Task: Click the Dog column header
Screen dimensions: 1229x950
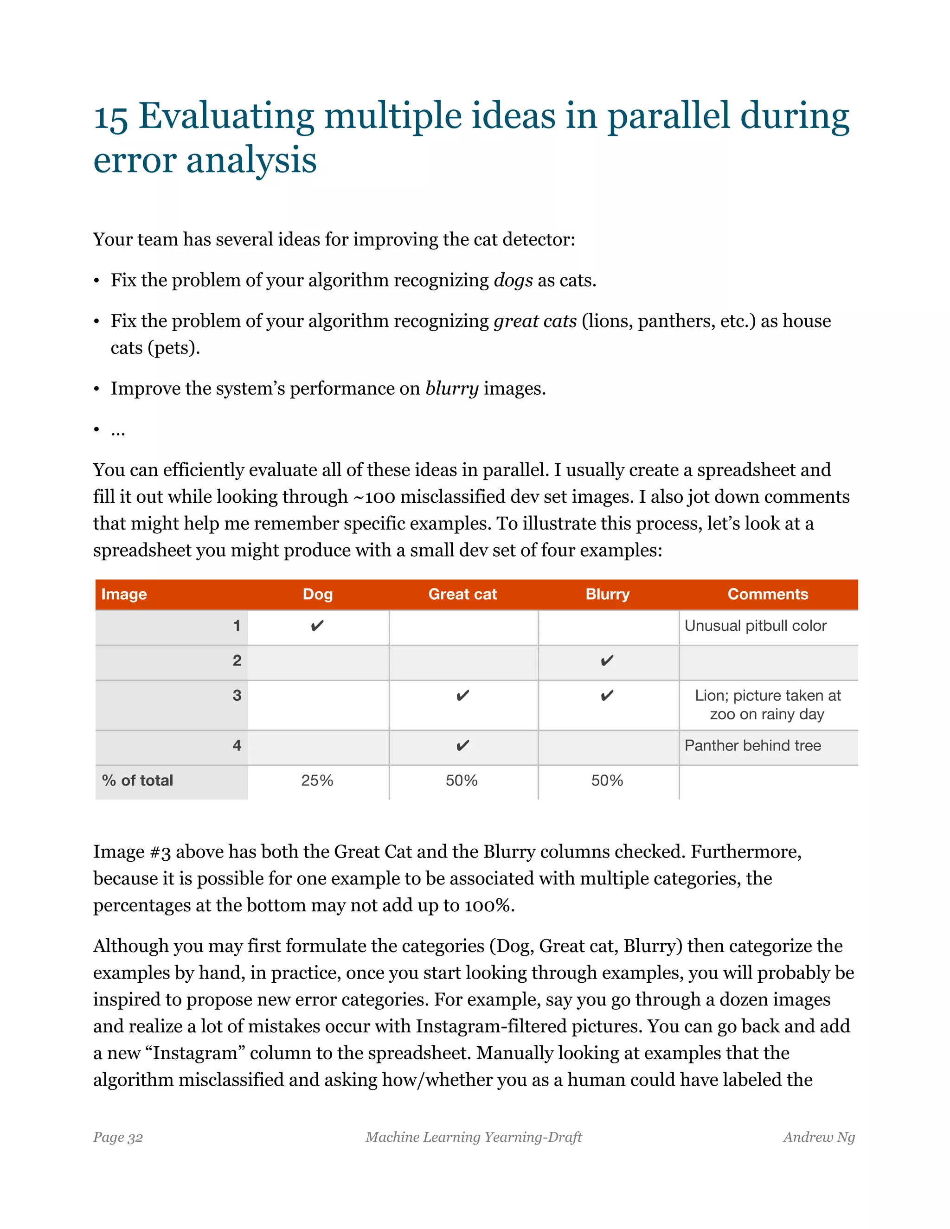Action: (317, 594)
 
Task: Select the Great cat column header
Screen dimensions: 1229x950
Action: (462, 594)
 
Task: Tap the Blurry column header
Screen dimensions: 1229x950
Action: (607, 594)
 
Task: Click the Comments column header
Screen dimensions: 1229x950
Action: (767, 594)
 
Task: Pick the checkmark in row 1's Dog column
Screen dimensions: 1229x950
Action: (317, 626)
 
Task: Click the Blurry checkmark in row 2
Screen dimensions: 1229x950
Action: (607, 660)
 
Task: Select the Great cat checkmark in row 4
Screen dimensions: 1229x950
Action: (462, 746)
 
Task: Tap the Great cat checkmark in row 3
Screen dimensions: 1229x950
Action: (462, 696)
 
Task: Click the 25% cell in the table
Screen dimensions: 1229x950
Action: (317, 781)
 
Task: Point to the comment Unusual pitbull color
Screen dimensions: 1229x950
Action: (755, 626)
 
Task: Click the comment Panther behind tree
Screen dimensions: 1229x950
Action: (752, 746)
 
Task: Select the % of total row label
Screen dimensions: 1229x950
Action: (137, 781)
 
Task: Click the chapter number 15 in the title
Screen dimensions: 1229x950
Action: (110, 118)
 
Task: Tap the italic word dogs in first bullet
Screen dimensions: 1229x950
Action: (513, 280)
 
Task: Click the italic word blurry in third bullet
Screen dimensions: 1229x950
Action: (452, 388)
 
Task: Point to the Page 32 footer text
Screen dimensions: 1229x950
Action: (118, 1137)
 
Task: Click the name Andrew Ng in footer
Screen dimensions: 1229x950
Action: (818, 1137)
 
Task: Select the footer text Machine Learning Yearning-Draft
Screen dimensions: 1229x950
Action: (473, 1137)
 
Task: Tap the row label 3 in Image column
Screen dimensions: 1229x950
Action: (237, 696)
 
